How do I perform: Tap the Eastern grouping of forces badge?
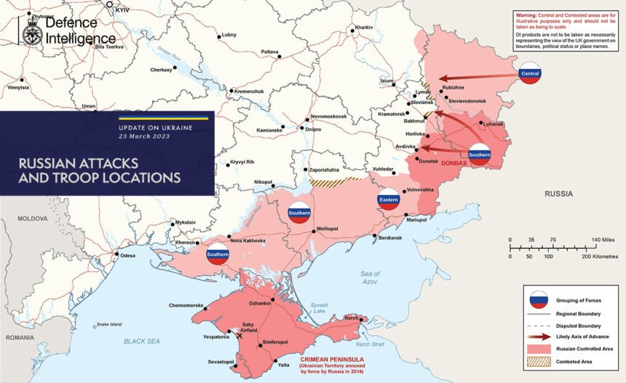click(x=388, y=200)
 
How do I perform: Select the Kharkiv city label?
click(x=363, y=28)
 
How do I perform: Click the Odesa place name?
click(x=127, y=255)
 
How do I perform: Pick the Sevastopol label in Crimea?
click(x=221, y=361)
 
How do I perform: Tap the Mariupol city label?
click(x=416, y=219)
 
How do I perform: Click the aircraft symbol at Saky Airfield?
click(x=241, y=336)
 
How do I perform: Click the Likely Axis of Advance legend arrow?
click(x=539, y=336)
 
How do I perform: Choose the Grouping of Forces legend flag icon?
click(x=539, y=299)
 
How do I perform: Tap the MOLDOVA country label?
click(x=32, y=218)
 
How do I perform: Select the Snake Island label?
click(x=106, y=324)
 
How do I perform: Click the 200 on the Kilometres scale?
click(x=586, y=257)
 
